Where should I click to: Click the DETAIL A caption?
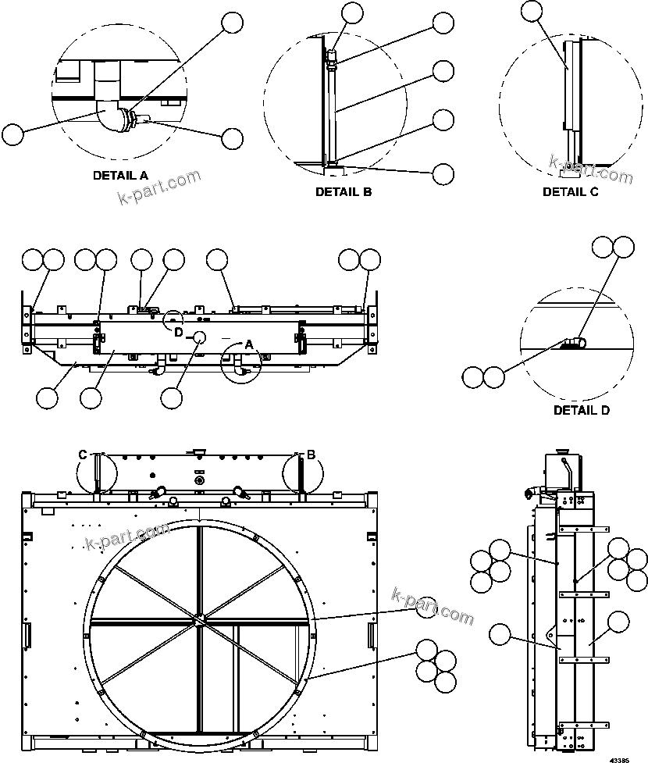tap(120, 175)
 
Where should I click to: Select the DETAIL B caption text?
tap(344, 191)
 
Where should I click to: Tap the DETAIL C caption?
tap(571, 191)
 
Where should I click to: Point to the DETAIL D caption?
tap(582, 410)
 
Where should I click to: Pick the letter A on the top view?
tap(249, 344)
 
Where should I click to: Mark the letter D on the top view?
tap(178, 332)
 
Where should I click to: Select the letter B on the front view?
tap(310, 455)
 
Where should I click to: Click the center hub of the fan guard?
tap(200, 619)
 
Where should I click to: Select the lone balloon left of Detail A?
tap(12, 134)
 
